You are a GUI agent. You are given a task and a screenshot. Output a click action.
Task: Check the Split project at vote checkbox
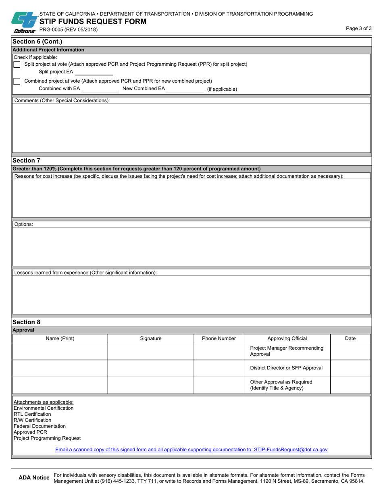(x=17, y=65)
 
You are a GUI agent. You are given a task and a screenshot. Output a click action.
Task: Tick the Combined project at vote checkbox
(x=17, y=81)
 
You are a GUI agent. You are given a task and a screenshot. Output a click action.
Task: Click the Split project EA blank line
(x=94, y=72)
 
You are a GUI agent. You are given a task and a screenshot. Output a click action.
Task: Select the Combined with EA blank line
(x=100, y=89)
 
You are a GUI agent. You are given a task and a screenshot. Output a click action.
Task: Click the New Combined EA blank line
(x=185, y=89)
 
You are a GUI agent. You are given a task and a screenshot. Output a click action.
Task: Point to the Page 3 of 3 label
(x=358, y=28)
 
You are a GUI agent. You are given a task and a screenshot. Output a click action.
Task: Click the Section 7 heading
(x=27, y=160)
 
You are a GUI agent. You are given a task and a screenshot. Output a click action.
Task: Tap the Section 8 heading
(x=27, y=322)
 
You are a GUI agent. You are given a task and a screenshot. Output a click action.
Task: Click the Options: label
(x=24, y=224)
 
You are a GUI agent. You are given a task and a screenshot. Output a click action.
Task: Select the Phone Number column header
(x=219, y=339)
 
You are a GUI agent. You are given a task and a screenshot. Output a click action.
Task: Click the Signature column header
(x=151, y=339)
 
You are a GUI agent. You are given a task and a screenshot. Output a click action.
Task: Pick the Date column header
(x=350, y=339)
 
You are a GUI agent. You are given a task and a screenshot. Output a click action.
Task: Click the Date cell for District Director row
(x=350, y=368)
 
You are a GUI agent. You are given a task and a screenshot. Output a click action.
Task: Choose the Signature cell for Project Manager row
(x=151, y=351)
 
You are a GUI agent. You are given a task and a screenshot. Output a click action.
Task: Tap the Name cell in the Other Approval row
(x=60, y=385)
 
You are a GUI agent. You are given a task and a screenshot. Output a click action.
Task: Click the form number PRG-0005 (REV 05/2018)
(x=68, y=29)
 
